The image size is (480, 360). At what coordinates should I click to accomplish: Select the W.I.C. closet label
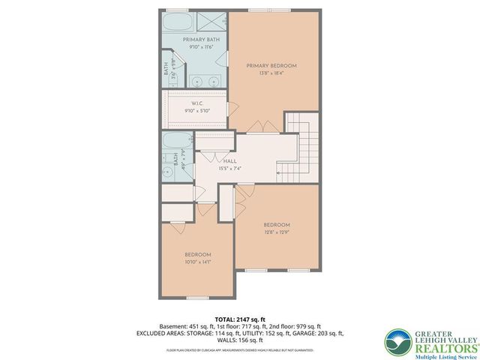(198, 103)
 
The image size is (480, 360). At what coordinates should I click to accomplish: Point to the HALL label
(231, 160)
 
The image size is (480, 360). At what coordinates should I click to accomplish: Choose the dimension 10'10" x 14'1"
(198, 262)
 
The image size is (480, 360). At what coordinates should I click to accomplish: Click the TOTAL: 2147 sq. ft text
(239, 319)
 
